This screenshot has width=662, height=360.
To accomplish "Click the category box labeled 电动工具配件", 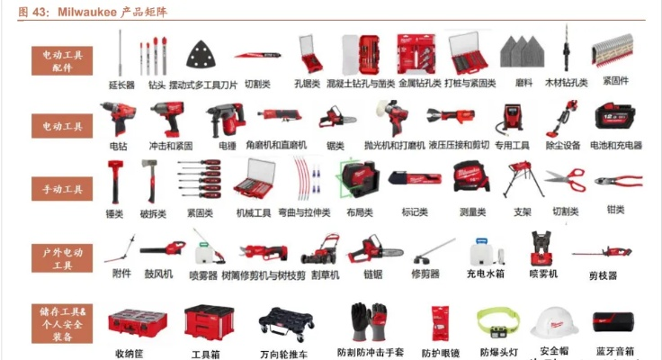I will [x=62, y=61].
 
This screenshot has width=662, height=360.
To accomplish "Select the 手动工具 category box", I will [x=62, y=189].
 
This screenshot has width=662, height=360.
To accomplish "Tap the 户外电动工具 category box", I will [x=62, y=258].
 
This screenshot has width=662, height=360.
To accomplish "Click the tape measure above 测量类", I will [x=472, y=178].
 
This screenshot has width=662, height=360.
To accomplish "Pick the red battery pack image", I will [x=614, y=115].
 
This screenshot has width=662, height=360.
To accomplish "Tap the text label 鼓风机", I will [x=157, y=274].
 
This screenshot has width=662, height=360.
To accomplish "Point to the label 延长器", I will [x=121, y=85].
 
